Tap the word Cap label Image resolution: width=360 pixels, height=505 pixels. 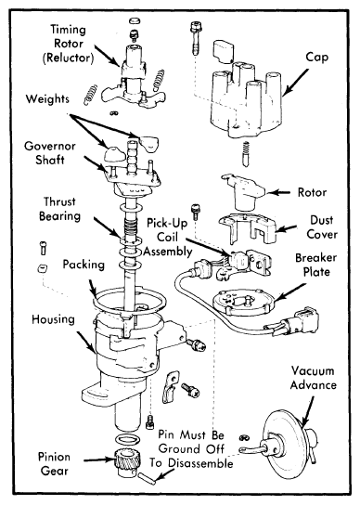[x=316, y=58]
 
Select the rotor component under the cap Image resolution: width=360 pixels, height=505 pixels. [x=244, y=191]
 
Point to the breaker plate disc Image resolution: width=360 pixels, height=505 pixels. [x=243, y=302]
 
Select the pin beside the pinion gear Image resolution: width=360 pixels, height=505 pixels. [x=148, y=478]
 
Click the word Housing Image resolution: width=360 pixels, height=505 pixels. [x=53, y=319]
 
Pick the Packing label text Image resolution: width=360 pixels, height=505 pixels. [x=84, y=265]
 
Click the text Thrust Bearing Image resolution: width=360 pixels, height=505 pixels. [x=59, y=209]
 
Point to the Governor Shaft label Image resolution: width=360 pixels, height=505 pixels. [x=50, y=153]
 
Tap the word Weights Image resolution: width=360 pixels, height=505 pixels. [x=47, y=98]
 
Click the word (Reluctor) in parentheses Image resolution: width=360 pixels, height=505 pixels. [x=69, y=58]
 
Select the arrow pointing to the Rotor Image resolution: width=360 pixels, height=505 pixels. [x=279, y=192]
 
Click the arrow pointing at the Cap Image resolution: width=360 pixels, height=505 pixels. [x=295, y=82]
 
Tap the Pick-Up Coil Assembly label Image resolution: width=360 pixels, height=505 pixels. [x=167, y=237]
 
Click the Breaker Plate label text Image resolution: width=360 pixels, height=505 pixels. [x=315, y=265]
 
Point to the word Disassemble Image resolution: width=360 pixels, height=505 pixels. [x=200, y=463]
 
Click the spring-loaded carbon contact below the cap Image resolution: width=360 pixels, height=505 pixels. [x=246, y=154]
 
